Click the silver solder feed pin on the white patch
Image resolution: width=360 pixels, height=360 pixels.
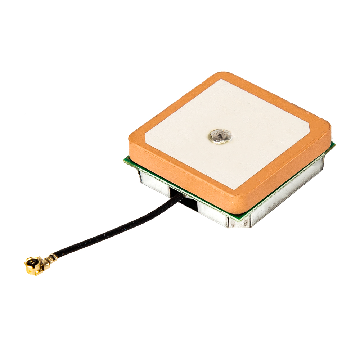coord(220,136)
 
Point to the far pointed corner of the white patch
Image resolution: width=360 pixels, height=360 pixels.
coord(221,80)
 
